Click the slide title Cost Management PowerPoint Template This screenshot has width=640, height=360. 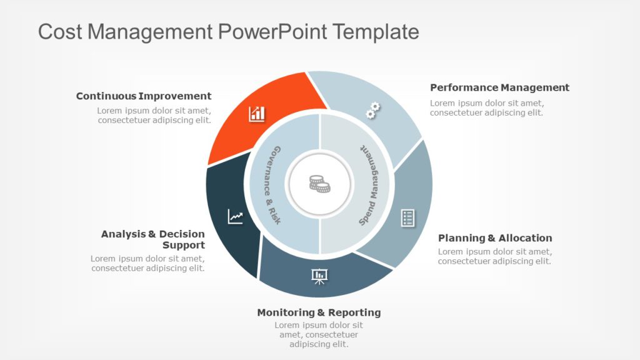tap(228, 31)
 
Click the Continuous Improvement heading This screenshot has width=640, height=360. tap(144, 96)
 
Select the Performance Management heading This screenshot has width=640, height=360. tap(499, 87)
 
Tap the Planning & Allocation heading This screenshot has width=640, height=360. tap(495, 238)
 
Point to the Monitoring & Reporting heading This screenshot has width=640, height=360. tap(319, 312)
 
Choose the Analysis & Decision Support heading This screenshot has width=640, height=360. tap(153, 239)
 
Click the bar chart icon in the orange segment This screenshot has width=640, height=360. tap(257, 114)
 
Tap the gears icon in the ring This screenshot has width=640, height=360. tap(372, 111)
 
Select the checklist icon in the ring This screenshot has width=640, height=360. tap(407, 218)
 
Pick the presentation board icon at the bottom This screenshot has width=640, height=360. tap(319, 276)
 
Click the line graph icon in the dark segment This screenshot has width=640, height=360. tap(235, 216)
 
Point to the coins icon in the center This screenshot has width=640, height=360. tap(319, 184)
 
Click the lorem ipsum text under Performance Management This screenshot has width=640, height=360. tap(487, 108)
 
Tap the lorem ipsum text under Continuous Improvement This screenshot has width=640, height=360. tap(154, 116)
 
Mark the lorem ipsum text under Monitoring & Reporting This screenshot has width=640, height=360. tap(319, 334)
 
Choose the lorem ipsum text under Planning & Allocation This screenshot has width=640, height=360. tap(494, 256)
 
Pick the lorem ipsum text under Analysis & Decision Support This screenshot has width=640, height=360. tap(147, 263)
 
